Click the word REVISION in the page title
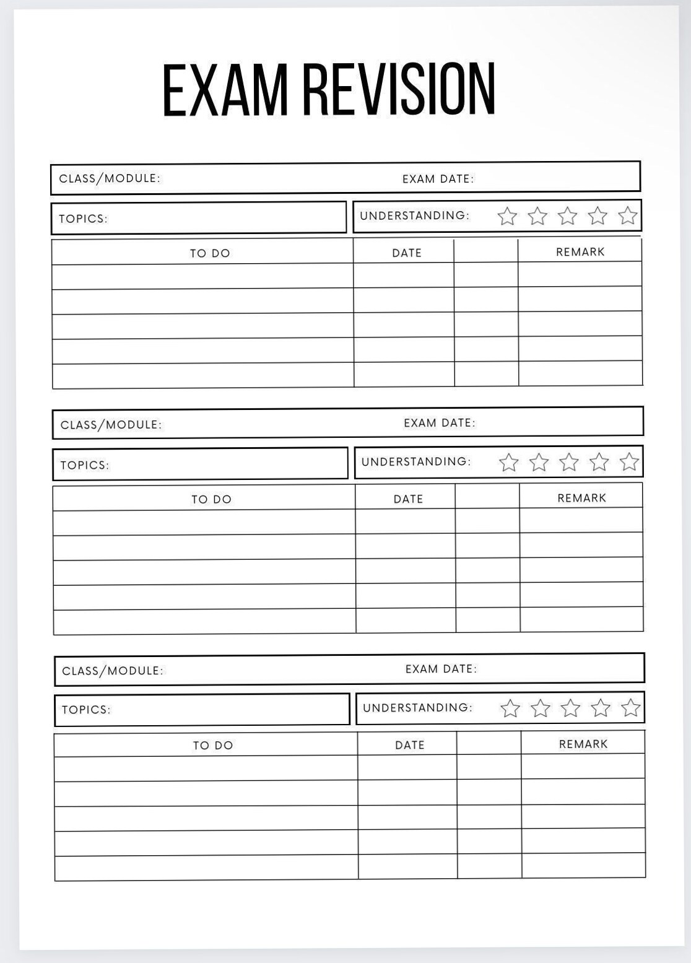coord(399,90)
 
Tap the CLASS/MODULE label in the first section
coord(110,178)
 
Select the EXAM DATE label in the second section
coord(439,423)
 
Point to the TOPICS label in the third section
coord(86,710)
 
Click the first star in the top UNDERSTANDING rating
coord(507,216)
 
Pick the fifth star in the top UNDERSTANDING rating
coord(627,216)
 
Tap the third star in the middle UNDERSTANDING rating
coord(568,462)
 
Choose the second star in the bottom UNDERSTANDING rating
coord(540,708)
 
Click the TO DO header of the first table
coord(210,253)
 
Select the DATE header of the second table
coord(408,499)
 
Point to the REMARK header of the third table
coord(583,744)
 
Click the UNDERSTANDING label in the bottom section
coord(417,707)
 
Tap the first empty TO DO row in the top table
coord(203,276)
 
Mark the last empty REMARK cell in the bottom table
coord(583,865)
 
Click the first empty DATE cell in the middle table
coord(406,522)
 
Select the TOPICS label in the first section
coord(83,219)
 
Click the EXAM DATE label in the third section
coord(441,669)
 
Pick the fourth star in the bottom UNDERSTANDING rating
coord(600,708)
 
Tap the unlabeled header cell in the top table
coord(485,251)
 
